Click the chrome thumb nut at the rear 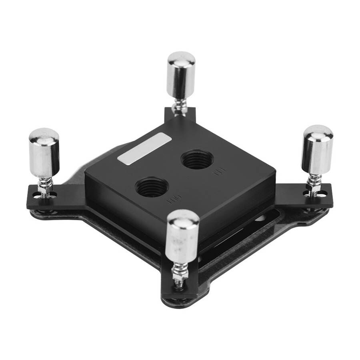click(181, 76)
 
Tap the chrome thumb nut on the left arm click(44, 154)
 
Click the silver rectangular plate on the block click(144, 148)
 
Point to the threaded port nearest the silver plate click(197, 160)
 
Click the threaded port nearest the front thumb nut click(152, 187)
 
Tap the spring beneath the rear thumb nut click(179, 107)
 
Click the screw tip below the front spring click(179, 284)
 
